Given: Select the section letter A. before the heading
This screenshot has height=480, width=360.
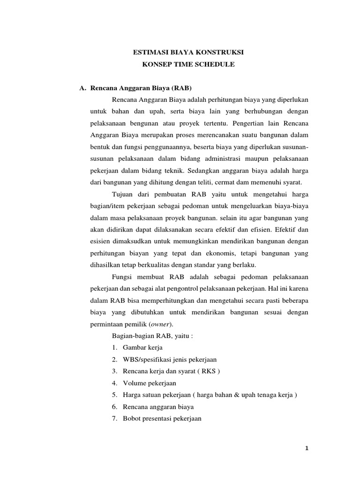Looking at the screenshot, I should (82, 88).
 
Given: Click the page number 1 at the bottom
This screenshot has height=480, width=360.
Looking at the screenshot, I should (307, 449).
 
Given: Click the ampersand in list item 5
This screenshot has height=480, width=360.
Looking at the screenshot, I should (243, 395).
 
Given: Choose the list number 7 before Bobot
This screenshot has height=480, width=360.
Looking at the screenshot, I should (114, 419).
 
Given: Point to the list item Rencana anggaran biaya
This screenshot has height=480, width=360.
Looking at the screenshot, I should (158, 407).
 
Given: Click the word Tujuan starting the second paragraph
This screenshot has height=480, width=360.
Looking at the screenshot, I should (123, 194).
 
